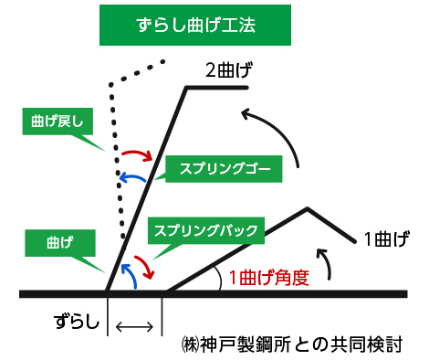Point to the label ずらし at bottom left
pos(74,323)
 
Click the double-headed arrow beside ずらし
pos(134,325)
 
